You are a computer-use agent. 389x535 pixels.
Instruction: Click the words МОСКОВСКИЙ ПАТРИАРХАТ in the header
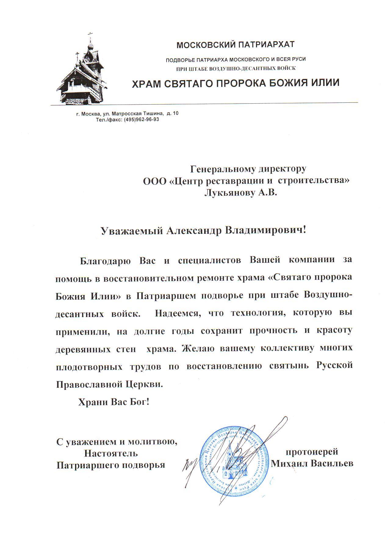[x=236, y=45]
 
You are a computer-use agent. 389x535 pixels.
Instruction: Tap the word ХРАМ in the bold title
[x=146, y=83]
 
